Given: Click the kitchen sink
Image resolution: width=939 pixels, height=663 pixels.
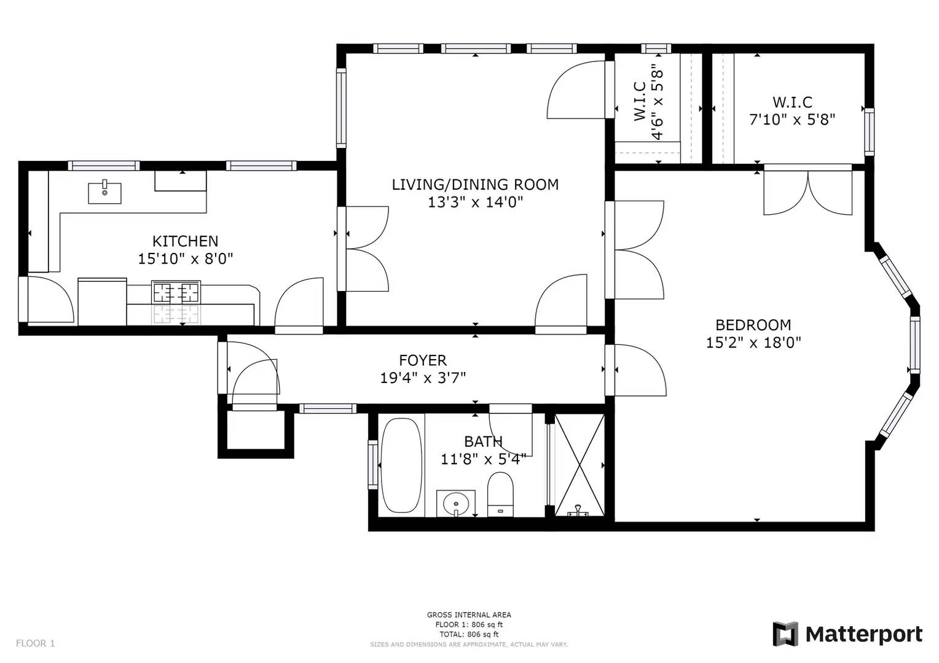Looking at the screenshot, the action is [x=104, y=193].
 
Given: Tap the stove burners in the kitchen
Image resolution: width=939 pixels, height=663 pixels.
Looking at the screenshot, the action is [x=176, y=292].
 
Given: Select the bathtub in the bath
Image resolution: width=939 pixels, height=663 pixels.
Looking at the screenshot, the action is [x=401, y=465].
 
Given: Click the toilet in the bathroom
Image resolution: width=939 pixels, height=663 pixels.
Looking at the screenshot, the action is [x=500, y=495].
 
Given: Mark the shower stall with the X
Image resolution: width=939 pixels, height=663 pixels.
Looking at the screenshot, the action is [x=580, y=465].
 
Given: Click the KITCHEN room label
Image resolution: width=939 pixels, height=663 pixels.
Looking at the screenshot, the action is [x=186, y=241].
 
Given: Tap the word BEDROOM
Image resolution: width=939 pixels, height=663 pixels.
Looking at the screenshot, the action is [x=753, y=325].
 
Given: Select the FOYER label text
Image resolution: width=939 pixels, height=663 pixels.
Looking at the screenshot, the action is [x=423, y=360].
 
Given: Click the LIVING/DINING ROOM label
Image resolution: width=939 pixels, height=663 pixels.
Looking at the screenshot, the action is [x=475, y=184].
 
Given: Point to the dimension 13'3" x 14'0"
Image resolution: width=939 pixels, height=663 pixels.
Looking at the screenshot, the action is [x=475, y=203].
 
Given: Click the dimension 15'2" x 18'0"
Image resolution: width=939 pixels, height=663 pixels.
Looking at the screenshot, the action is [x=753, y=343].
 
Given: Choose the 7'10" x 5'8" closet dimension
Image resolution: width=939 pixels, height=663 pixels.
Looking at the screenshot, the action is [x=792, y=120].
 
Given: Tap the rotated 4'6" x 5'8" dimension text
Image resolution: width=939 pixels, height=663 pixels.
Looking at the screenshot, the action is [x=657, y=102].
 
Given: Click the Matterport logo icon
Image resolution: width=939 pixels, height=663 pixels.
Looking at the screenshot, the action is [x=785, y=634].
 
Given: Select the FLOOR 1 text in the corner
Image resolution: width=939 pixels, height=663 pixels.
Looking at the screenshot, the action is [x=36, y=643].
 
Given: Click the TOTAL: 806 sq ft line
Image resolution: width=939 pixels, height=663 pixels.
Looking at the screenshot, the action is [x=469, y=634].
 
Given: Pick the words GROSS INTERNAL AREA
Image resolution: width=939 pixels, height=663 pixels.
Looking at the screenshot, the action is [x=469, y=615].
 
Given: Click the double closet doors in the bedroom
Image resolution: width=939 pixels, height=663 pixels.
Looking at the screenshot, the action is [x=807, y=190].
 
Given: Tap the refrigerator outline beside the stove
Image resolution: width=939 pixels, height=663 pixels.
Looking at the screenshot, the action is [x=102, y=301].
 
